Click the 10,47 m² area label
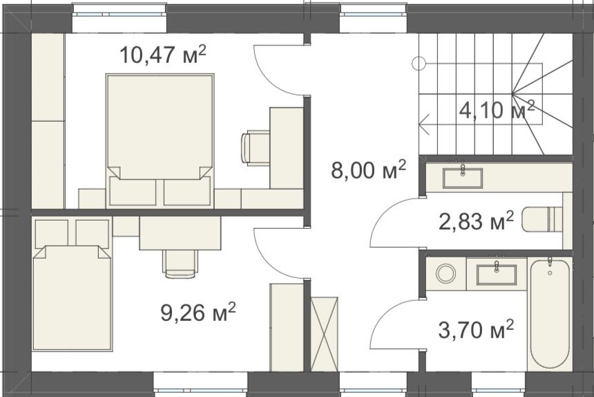163,55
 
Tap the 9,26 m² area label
198,312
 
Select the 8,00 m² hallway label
369,169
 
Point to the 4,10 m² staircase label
497,110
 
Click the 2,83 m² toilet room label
476,221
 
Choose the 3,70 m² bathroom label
476,329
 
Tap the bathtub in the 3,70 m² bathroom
550,313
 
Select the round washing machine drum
446,273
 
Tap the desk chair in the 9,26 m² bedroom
180,264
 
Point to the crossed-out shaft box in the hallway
324,334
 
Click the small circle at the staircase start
419,64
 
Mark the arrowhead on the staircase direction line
424,124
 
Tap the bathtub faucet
550,264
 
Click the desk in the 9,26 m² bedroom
180,233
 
